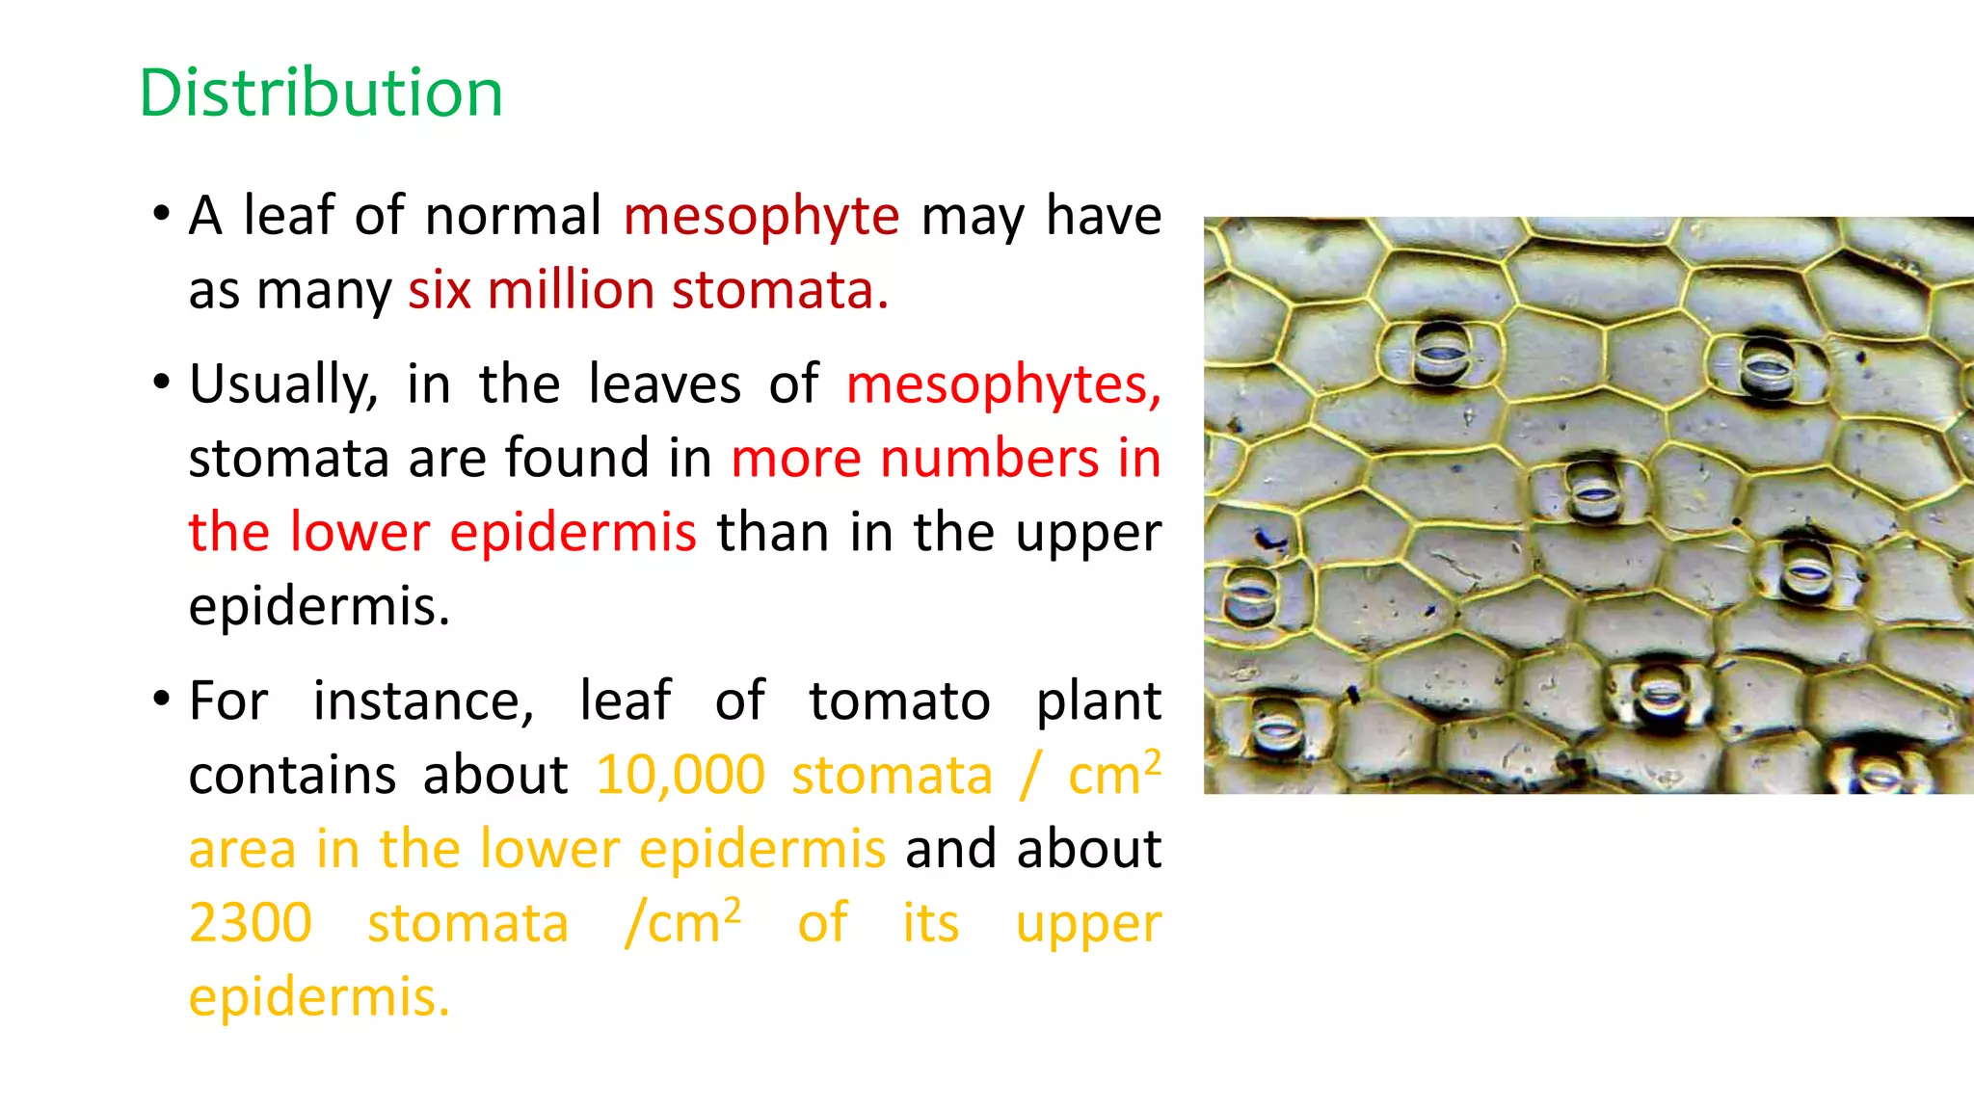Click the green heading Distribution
pyautogui.click(x=321, y=93)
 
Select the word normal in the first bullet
pyautogui.click(x=513, y=215)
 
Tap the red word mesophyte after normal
pyautogui.click(x=761, y=217)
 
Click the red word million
pyautogui.click(x=571, y=290)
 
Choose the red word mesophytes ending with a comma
pyautogui.click(x=1003, y=385)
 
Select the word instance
pyautogui.click(x=423, y=701)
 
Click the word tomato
pyautogui.click(x=899, y=701)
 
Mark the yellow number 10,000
pyautogui.click(x=680, y=776)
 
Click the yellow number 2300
pyautogui.click(x=251, y=923)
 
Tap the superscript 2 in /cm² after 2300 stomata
pyautogui.click(x=733, y=909)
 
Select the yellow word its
pyautogui.click(x=930, y=923)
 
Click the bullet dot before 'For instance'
pyautogui.click(x=161, y=697)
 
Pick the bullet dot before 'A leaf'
pyautogui.click(x=161, y=211)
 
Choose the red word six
pyautogui.click(x=439, y=290)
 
